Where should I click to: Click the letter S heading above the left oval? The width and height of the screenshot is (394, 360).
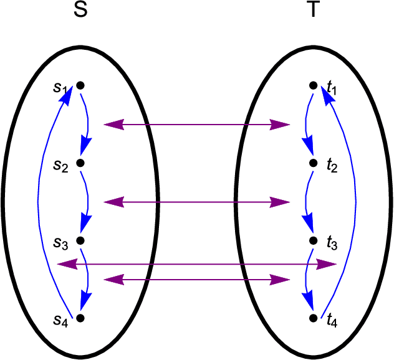(80, 12)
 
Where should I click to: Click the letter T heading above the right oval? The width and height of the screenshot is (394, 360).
(314, 12)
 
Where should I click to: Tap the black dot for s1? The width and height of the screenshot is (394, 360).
(80, 85)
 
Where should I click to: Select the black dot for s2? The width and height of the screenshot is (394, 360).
(80, 163)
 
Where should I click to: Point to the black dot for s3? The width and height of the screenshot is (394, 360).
(80, 240)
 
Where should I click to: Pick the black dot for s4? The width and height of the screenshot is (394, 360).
(80, 318)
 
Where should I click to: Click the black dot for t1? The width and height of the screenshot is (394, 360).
(314, 85)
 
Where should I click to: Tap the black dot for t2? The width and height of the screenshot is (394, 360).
(314, 163)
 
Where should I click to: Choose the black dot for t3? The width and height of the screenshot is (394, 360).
(314, 240)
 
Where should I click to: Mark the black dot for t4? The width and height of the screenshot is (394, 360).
(314, 318)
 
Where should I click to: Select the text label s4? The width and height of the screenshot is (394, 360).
(60, 322)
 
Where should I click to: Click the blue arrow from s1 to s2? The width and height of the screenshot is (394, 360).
(88, 125)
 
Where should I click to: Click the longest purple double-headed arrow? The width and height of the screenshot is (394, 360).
(197, 265)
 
